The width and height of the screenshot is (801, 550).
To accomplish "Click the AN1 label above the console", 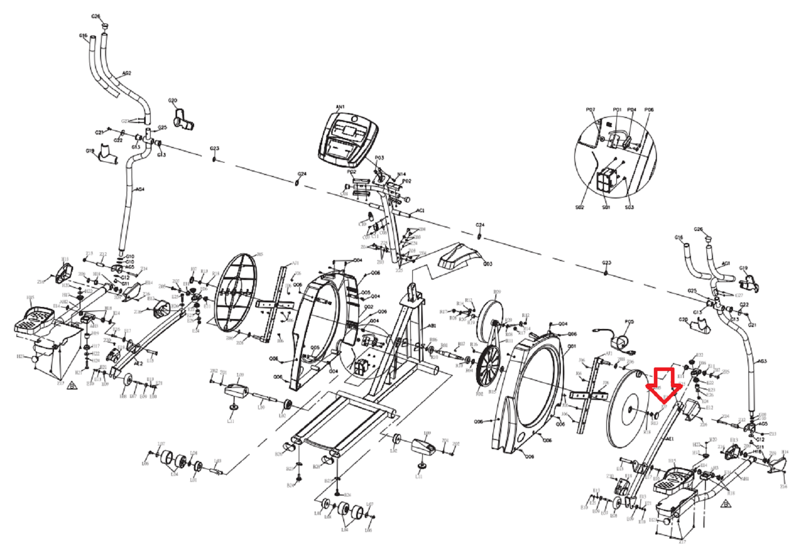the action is pyautogui.click(x=340, y=106).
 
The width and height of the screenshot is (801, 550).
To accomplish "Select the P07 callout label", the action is pyautogui.click(x=590, y=109).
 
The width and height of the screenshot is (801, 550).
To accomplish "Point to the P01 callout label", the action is pyautogui.click(x=617, y=109).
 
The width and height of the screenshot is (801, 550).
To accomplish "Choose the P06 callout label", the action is pyautogui.click(x=649, y=109).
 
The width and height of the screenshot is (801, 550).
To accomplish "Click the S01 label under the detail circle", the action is pyautogui.click(x=606, y=207).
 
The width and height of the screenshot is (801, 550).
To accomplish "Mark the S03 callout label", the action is pyautogui.click(x=629, y=207).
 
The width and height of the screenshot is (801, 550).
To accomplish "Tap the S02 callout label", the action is pyautogui.click(x=579, y=207).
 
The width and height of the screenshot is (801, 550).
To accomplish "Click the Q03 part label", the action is pyautogui.click(x=487, y=264).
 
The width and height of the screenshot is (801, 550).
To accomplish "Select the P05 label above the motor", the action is pyautogui.click(x=629, y=322).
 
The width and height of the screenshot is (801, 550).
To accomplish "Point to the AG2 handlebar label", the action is pyautogui.click(x=127, y=73).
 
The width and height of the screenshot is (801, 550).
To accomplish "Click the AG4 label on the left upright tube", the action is pyautogui.click(x=140, y=189).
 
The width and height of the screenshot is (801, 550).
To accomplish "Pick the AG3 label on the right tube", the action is pyautogui.click(x=761, y=361).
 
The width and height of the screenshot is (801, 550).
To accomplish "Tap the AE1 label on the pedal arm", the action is pyautogui.click(x=670, y=439).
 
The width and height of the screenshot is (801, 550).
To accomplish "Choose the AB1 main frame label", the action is pyautogui.click(x=431, y=325).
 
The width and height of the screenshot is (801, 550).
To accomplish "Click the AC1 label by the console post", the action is pyautogui.click(x=420, y=210).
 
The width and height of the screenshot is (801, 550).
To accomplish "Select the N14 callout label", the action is pyautogui.click(x=401, y=174).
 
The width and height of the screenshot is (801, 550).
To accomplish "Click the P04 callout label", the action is pyautogui.click(x=632, y=109).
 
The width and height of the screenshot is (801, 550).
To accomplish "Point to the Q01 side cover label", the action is pyautogui.click(x=572, y=346).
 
